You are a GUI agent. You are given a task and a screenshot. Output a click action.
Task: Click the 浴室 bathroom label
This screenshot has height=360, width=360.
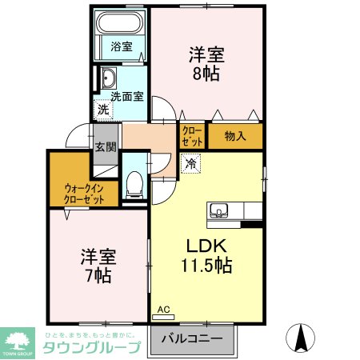coord(121,46)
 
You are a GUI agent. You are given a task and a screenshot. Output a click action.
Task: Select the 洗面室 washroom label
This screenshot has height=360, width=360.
coord(127,96)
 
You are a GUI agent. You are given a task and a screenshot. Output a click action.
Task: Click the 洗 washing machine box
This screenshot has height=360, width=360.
coord(102,109)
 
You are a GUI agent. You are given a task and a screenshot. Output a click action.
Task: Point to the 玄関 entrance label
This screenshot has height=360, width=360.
coord(106,146)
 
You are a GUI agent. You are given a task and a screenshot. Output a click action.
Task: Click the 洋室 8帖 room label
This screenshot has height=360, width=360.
coord(206,64)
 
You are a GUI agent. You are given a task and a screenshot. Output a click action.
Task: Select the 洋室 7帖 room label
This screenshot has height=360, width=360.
coord(98,266)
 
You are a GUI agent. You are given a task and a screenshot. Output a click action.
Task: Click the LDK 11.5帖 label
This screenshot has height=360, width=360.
coord(210,255)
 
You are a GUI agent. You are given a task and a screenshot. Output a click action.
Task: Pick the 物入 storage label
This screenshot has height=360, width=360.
coord(234,135)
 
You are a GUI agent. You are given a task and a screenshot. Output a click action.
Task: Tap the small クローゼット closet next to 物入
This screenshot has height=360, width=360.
coord(192,136)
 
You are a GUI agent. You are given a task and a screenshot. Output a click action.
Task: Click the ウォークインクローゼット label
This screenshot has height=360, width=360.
coord(84,194)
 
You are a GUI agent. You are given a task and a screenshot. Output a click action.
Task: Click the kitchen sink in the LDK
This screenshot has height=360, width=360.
coord(220,211)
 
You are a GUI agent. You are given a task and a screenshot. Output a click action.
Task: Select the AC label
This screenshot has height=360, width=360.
coord(164,309)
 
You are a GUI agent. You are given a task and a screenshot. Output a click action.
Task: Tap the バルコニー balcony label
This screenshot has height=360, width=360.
coord(192,339)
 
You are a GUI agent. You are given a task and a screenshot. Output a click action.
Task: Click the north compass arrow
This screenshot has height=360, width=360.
coord(302,336)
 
